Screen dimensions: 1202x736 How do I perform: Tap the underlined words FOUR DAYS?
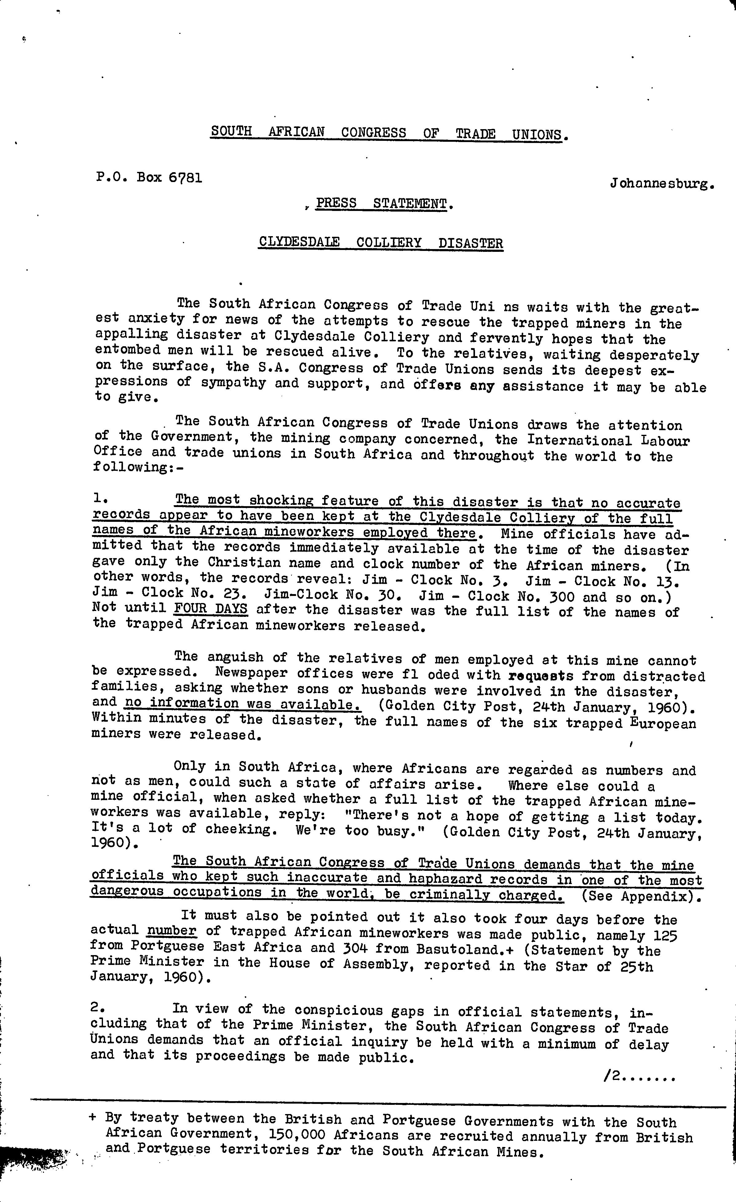point(211,609)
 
